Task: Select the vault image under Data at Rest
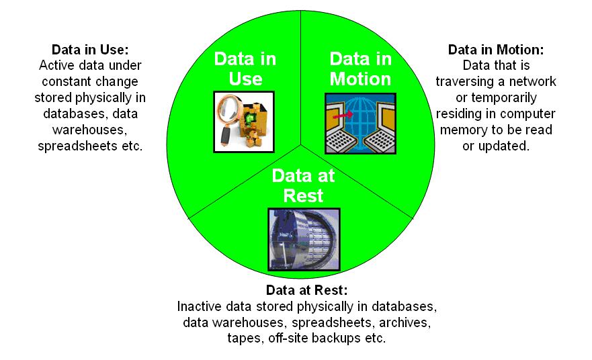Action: point(304,240)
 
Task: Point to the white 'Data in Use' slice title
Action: point(245,68)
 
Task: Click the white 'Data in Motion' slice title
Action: point(360,68)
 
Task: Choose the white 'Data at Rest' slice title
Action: point(304,185)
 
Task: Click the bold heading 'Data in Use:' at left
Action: point(90,50)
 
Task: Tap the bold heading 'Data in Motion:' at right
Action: point(496,50)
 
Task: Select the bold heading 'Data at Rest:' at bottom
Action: point(306,290)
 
